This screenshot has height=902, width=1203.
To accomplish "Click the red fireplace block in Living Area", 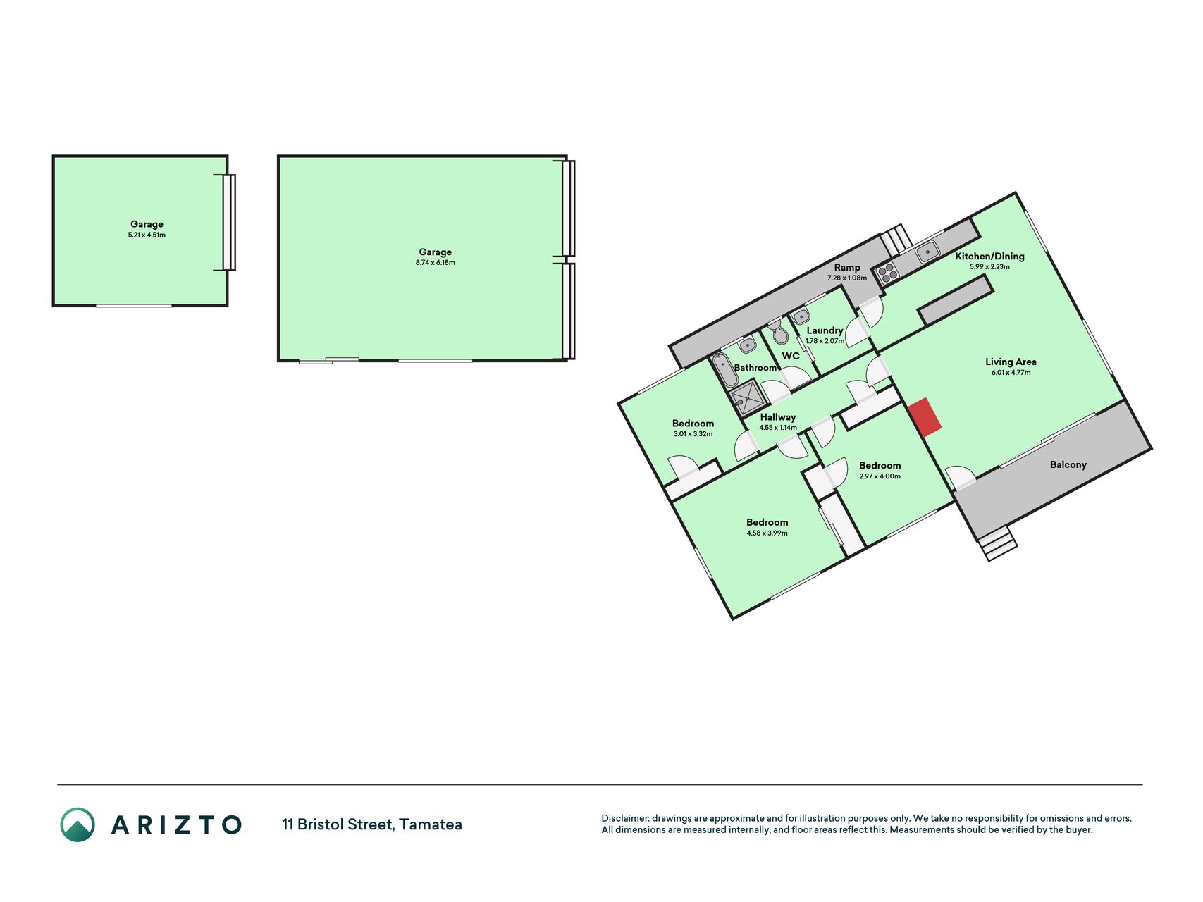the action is [925, 417].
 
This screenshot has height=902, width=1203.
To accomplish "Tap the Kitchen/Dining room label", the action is [989, 257].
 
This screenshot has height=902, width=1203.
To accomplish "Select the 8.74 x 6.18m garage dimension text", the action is [435, 263].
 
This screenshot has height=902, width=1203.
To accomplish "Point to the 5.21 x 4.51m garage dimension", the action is [147, 235].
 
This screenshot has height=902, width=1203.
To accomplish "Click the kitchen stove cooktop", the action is [887, 272].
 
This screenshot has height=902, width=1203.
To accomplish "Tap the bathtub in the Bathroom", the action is [724, 370].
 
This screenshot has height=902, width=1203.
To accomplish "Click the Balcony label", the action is [1068, 465].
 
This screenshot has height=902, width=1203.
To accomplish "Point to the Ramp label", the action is [847, 268].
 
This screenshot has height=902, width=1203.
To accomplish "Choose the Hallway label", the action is [778, 417].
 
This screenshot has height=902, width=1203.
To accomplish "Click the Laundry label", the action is [825, 330].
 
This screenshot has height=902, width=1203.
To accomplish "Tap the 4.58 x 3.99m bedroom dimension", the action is [767, 533].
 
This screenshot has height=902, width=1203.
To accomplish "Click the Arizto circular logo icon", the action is [78, 824].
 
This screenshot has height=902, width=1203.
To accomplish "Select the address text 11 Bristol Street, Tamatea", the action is [372, 824].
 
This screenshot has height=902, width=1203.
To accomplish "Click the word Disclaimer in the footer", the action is [624, 819].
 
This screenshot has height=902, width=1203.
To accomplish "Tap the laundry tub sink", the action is [801, 317].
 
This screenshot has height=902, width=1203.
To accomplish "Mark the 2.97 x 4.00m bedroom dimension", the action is [880, 476].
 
